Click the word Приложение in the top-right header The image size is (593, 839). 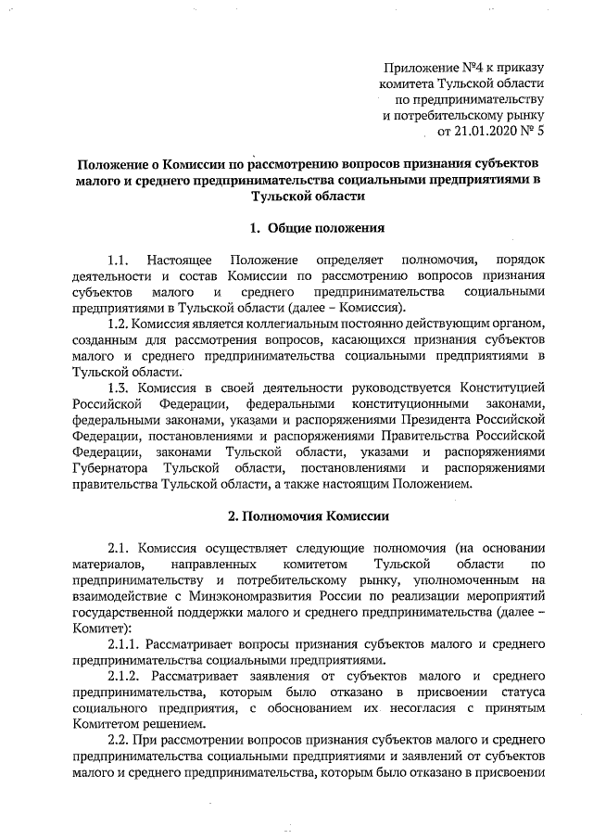click(421, 68)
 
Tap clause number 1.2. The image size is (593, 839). click(120, 324)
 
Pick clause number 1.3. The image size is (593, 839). click(120, 387)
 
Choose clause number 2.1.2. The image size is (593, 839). click(128, 678)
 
